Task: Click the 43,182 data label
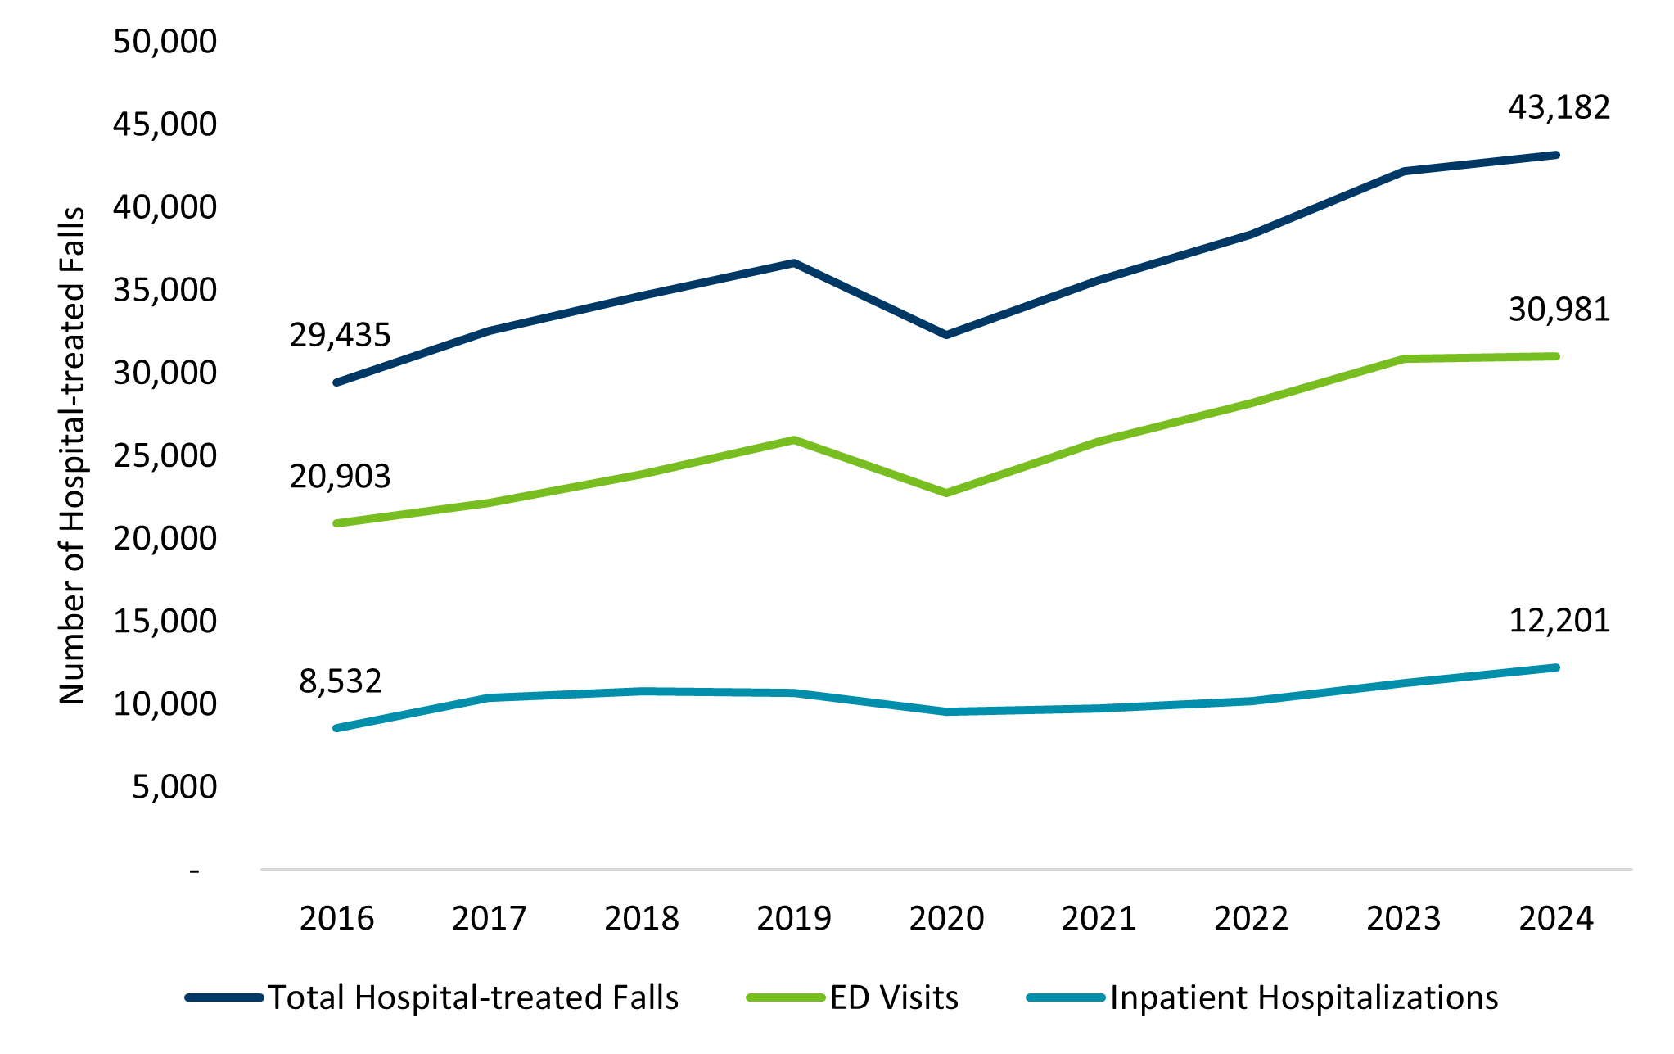click(x=1559, y=107)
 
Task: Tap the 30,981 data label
click(x=1559, y=310)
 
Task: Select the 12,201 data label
click(x=1559, y=621)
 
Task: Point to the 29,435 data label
click(x=340, y=335)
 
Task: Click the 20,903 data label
click(x=340, y=477)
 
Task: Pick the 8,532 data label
click(x=340, y=681)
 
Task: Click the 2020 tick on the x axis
click(x=946, y=918)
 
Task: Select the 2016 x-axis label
click(x=336, y=918)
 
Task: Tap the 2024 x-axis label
click(x=1555, y=918)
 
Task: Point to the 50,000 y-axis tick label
click(x=165, y=41)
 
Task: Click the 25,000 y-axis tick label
click(x=165, y=455)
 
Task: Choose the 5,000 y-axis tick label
click(x=174, y=786)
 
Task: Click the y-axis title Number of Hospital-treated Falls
click(x=72, y=455)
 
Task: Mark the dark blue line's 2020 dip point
click(x=946, y=335)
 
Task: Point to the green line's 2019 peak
click(x=794, y=440)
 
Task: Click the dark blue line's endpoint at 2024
click(x=1555, y=155)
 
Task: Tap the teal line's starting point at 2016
click(x=336, y=728)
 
